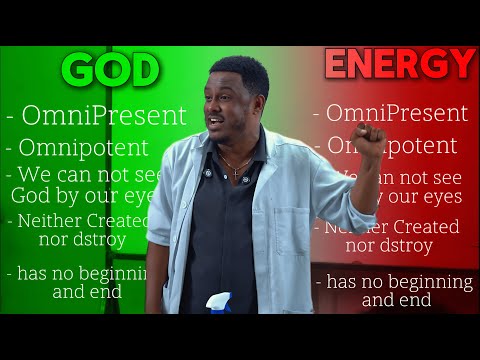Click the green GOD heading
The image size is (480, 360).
pyautogui.click(x=111, y=70)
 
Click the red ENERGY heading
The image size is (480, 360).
pyautogui.click(x=399, y=64)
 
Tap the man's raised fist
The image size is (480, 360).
pyautogui.click(x=369, y=140)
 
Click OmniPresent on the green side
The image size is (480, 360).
pyautogui.click(x=94, y=116)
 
